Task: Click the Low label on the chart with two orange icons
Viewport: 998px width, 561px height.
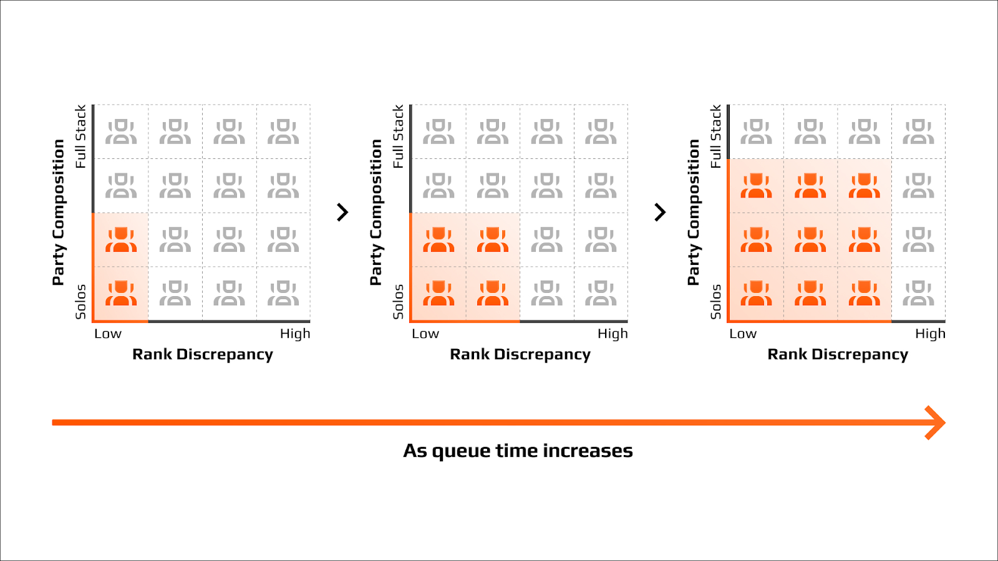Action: pos(108,333)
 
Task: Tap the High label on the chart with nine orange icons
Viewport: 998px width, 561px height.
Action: pos(930,333)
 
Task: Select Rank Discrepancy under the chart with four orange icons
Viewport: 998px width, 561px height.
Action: pos(520,355)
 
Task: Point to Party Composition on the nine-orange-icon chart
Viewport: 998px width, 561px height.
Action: pos(693,212)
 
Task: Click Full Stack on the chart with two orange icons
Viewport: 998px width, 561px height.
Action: pos(80,137)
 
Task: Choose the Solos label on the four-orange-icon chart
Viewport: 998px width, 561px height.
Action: pos(398,302)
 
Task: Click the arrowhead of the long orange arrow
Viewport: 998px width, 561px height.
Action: pos(935,423)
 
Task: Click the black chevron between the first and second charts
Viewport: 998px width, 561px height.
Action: pos(342,213)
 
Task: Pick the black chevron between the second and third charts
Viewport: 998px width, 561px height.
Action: pos(660,213)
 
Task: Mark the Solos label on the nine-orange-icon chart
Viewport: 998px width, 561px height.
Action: pos(715,302)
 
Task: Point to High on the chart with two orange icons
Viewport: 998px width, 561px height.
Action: pos(295,333)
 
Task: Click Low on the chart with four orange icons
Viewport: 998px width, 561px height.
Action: pos(425,333)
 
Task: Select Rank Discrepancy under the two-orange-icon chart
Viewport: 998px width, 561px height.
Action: pos(203,355)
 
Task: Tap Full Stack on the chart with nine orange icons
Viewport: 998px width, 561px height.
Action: pos(715,137)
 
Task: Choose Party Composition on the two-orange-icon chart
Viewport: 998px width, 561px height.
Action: pos(59,212)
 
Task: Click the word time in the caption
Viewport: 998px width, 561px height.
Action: pos(516,451)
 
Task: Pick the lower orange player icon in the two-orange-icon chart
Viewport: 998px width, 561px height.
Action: pos(121,293)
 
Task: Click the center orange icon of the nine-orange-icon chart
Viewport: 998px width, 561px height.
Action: pos(810,239)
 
